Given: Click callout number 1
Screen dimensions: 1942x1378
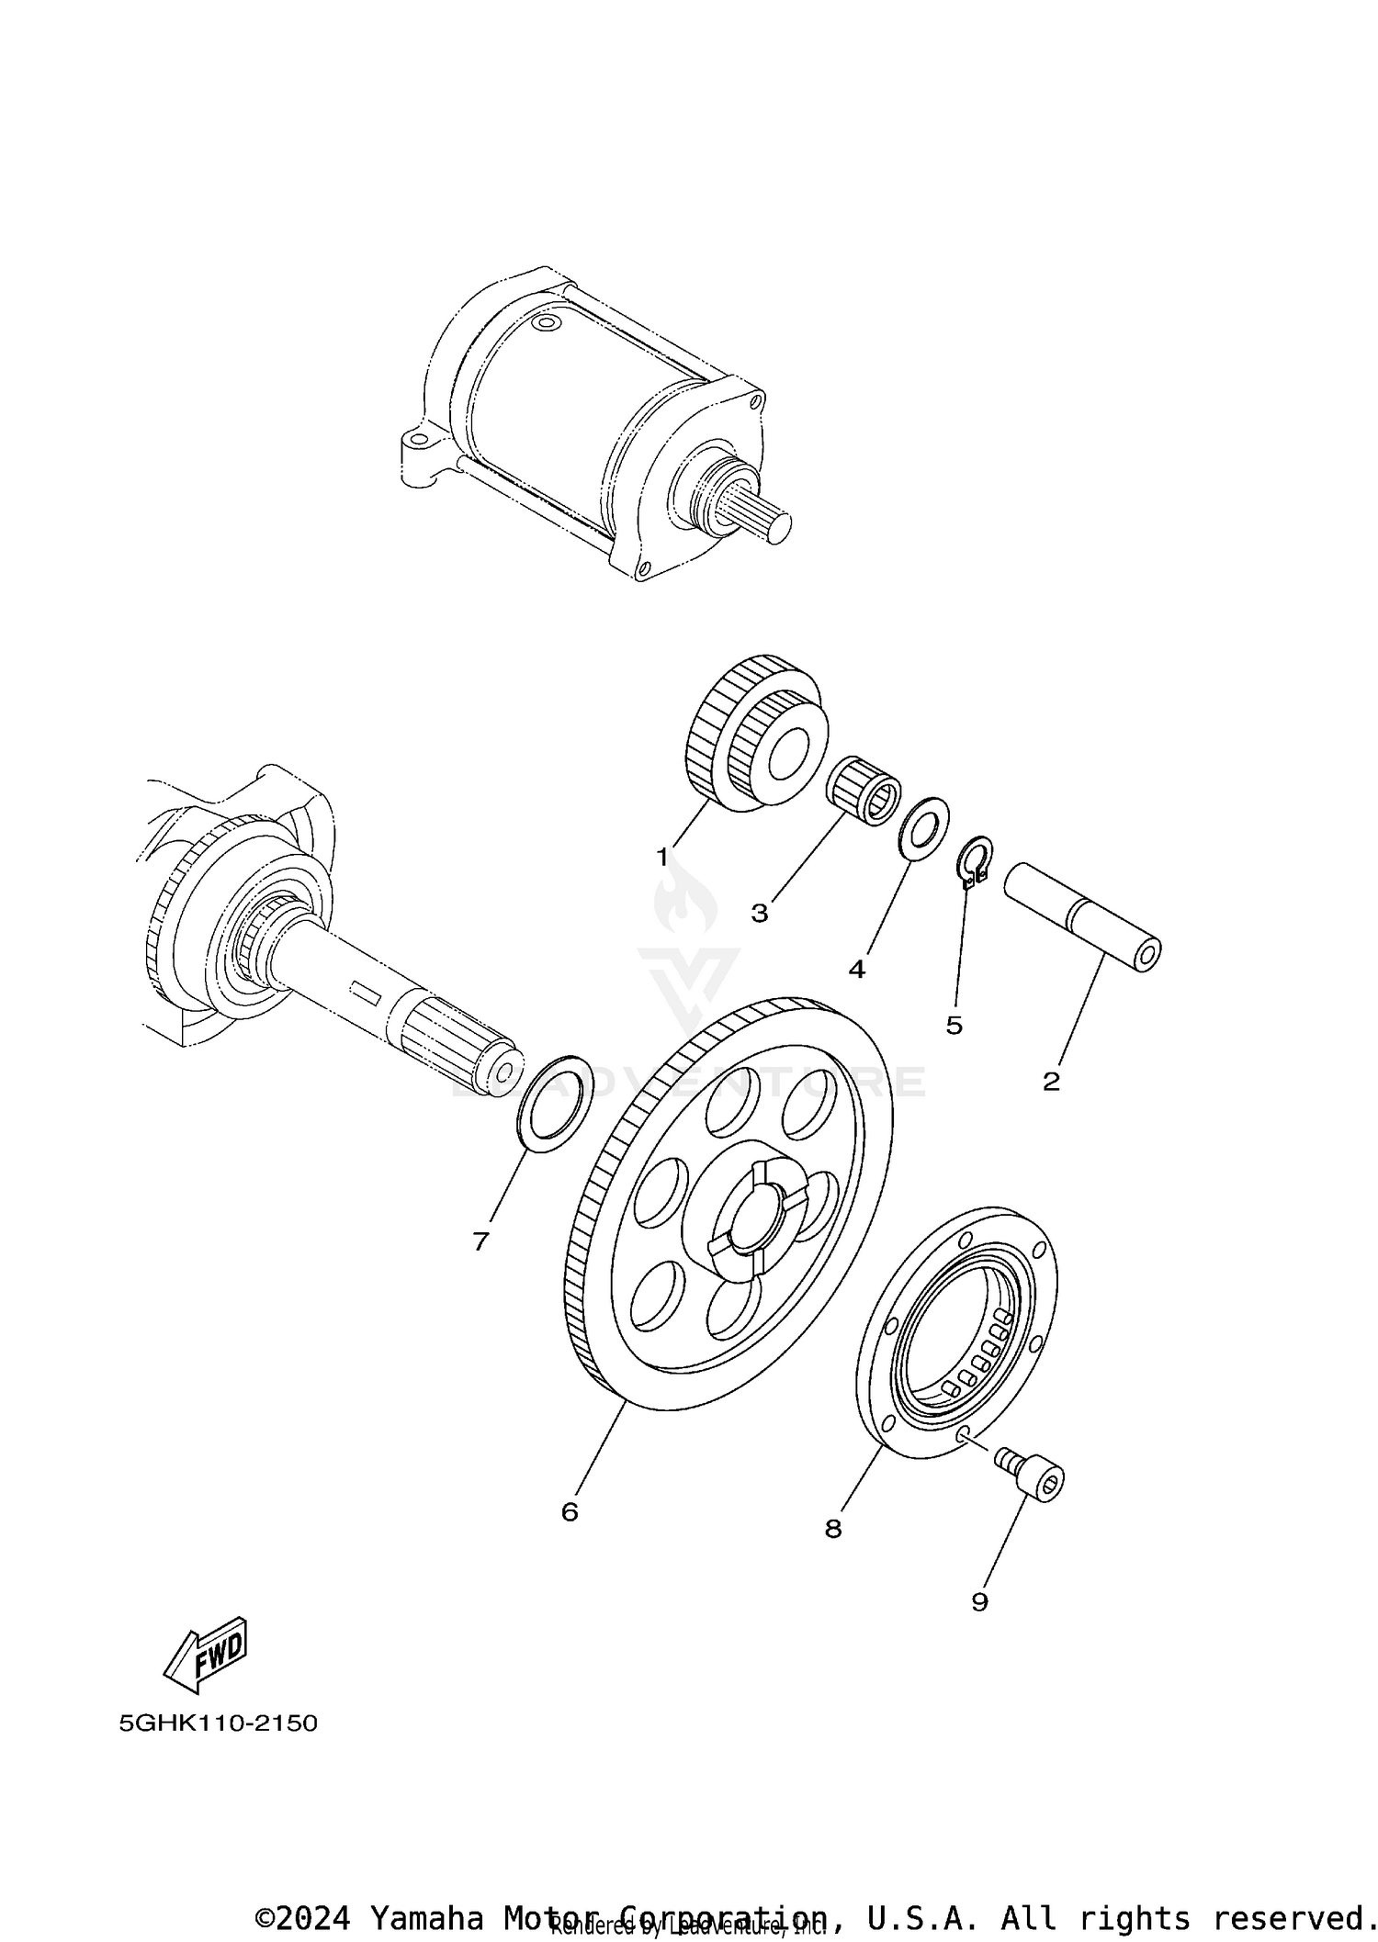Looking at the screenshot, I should (661, 858).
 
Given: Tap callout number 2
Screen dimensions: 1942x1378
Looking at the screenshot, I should (1051, 1082).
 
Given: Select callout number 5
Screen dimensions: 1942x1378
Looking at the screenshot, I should (954, 1026).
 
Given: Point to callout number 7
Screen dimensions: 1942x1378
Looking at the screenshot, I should (480, 1242).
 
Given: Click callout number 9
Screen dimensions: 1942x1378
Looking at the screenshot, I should (979, 1602).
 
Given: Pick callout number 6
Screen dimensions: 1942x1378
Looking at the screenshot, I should (570, 1512).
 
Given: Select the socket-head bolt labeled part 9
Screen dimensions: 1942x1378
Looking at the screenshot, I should (1033, 1478).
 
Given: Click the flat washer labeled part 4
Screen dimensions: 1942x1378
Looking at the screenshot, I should (922, 828).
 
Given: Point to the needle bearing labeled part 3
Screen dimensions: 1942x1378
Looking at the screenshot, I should (864, 787).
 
